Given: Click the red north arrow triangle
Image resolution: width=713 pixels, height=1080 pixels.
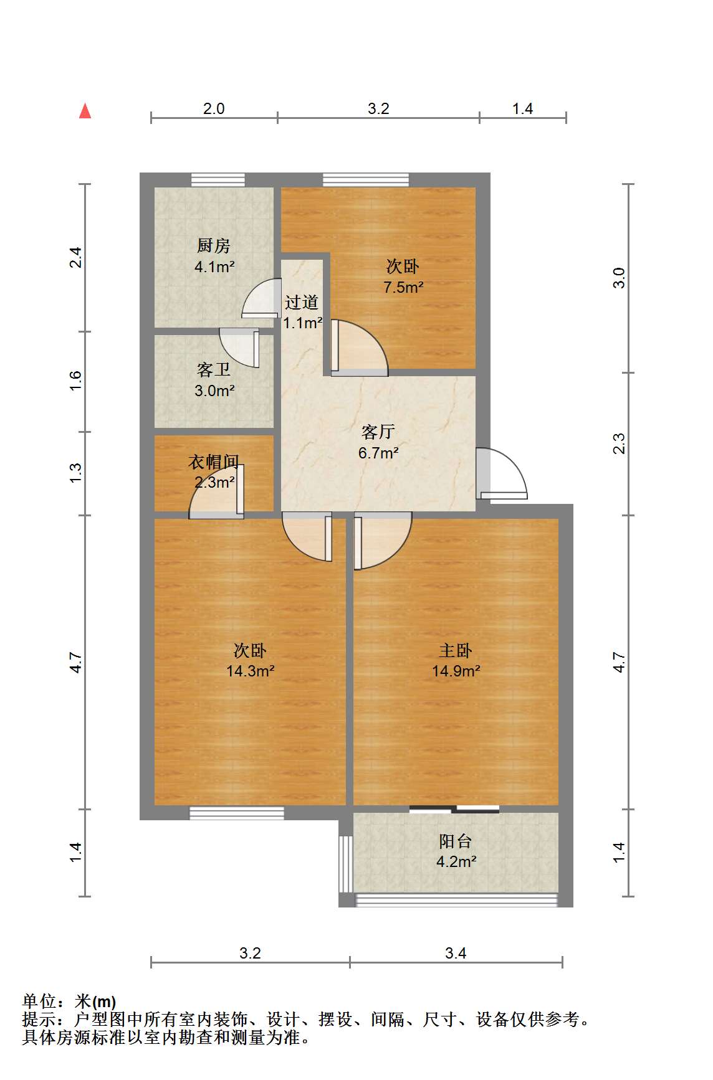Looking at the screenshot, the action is (85, 111).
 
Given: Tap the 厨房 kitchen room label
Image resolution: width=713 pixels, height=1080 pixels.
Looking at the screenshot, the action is (214, 245).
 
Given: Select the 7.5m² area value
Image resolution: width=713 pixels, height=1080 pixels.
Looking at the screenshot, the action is (403, 287).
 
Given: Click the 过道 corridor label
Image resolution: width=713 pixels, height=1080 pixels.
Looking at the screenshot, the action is (302, 303).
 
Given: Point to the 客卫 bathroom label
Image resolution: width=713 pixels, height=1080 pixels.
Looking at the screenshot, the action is (214, 370).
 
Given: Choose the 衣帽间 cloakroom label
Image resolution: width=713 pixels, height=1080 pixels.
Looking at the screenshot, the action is (214, 462).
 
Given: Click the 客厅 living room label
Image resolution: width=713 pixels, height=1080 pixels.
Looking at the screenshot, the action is (378, 432).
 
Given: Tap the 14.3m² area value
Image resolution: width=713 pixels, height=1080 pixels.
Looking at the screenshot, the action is (251, 671).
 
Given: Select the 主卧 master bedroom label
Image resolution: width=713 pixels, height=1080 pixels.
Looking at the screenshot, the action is (456, 651).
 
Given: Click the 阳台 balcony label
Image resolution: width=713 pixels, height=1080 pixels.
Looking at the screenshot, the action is (456, 841).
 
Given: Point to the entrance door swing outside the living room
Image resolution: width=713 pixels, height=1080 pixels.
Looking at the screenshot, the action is (502, 473).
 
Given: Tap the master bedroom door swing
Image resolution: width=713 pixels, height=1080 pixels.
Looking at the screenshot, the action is (383, 541).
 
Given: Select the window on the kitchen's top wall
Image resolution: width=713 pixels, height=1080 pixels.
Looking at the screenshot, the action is (218, 179).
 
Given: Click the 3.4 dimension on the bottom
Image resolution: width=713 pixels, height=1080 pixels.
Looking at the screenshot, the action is (456, 953).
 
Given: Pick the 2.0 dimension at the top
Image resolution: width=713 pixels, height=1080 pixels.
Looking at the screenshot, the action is (214, 109).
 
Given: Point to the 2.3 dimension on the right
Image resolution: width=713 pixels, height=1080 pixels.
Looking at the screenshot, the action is (619, 444).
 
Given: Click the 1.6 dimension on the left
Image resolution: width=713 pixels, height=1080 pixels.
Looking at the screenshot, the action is (75, 381).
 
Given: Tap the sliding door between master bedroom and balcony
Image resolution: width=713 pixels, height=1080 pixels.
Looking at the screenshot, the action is (454, 809).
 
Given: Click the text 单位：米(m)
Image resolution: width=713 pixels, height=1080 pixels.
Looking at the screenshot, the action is (69, 1002).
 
